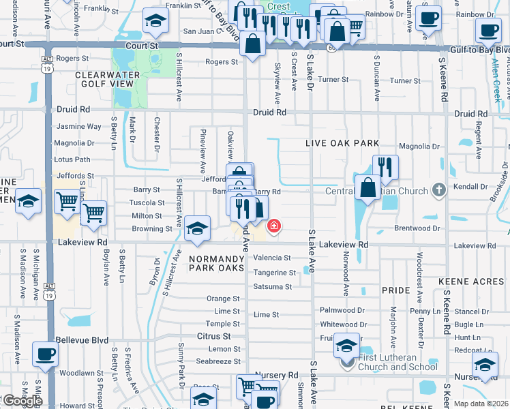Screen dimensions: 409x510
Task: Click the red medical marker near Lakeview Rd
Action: tap(274, 226)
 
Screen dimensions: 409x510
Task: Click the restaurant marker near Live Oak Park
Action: tap(385, 167)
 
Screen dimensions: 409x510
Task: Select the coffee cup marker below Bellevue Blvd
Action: tap(46, 353)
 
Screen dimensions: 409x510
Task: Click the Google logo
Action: tap(22, 401)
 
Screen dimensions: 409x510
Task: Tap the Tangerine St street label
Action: tap(275, 273)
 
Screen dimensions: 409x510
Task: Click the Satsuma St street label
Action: tap(272, 287)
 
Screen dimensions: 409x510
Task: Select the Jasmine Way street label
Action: tap(78, 126)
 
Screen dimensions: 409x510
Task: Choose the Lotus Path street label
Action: tap(72, 160)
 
